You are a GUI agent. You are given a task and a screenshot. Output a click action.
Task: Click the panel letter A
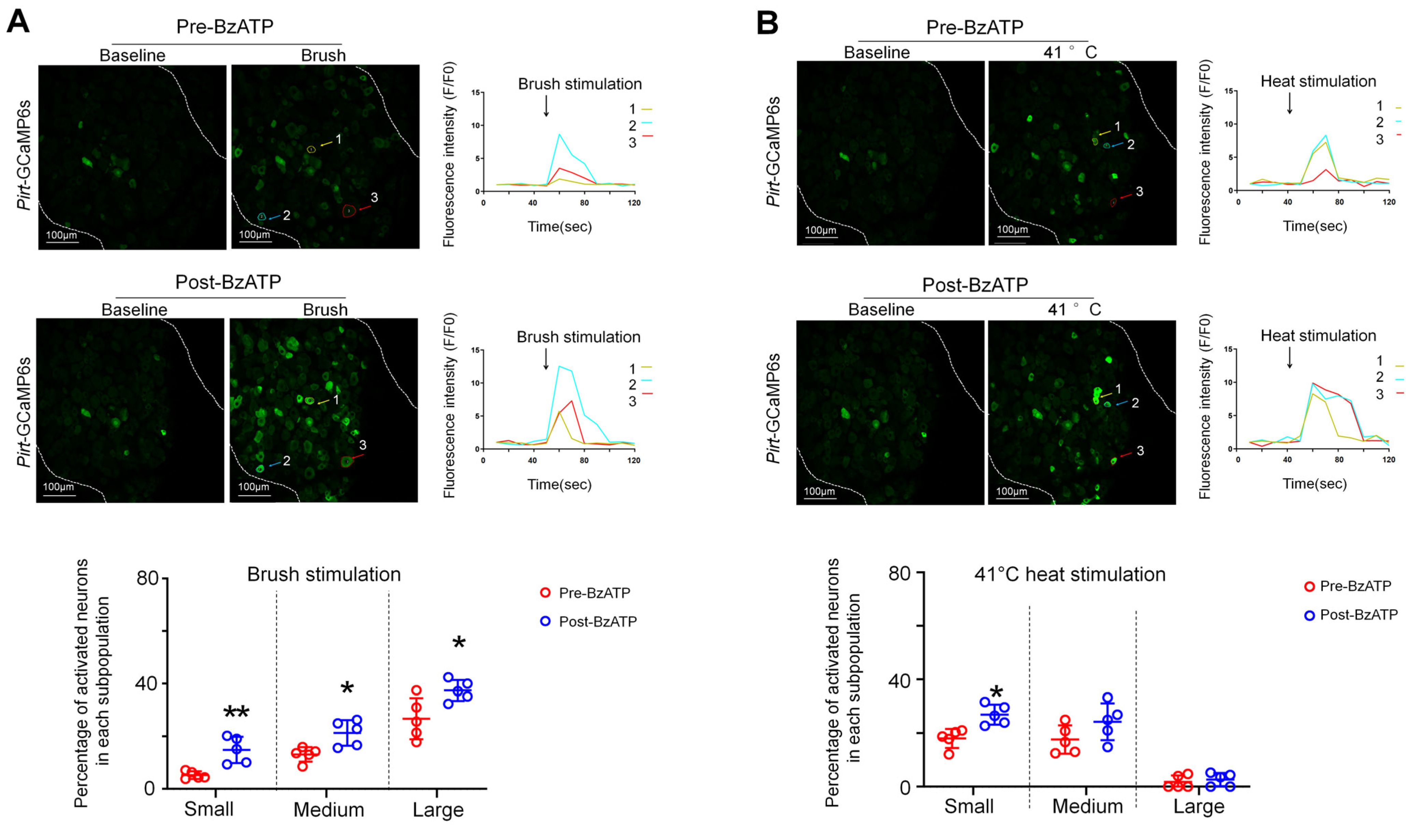coord(17,22)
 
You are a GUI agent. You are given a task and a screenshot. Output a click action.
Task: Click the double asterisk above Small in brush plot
coord(236,713)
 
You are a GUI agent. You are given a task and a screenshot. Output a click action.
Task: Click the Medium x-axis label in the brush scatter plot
coord(329,809)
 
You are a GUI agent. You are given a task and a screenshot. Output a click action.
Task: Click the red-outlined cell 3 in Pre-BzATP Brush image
coord(349,211)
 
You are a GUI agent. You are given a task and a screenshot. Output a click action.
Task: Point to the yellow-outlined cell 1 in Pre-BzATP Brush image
coord(311,149)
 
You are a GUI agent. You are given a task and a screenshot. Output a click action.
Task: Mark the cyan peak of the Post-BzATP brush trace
coord(560,366)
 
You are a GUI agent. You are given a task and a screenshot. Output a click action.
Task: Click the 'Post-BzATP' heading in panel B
coord(975,285)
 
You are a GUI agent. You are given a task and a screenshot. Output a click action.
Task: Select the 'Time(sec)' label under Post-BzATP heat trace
coord(1315,483)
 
